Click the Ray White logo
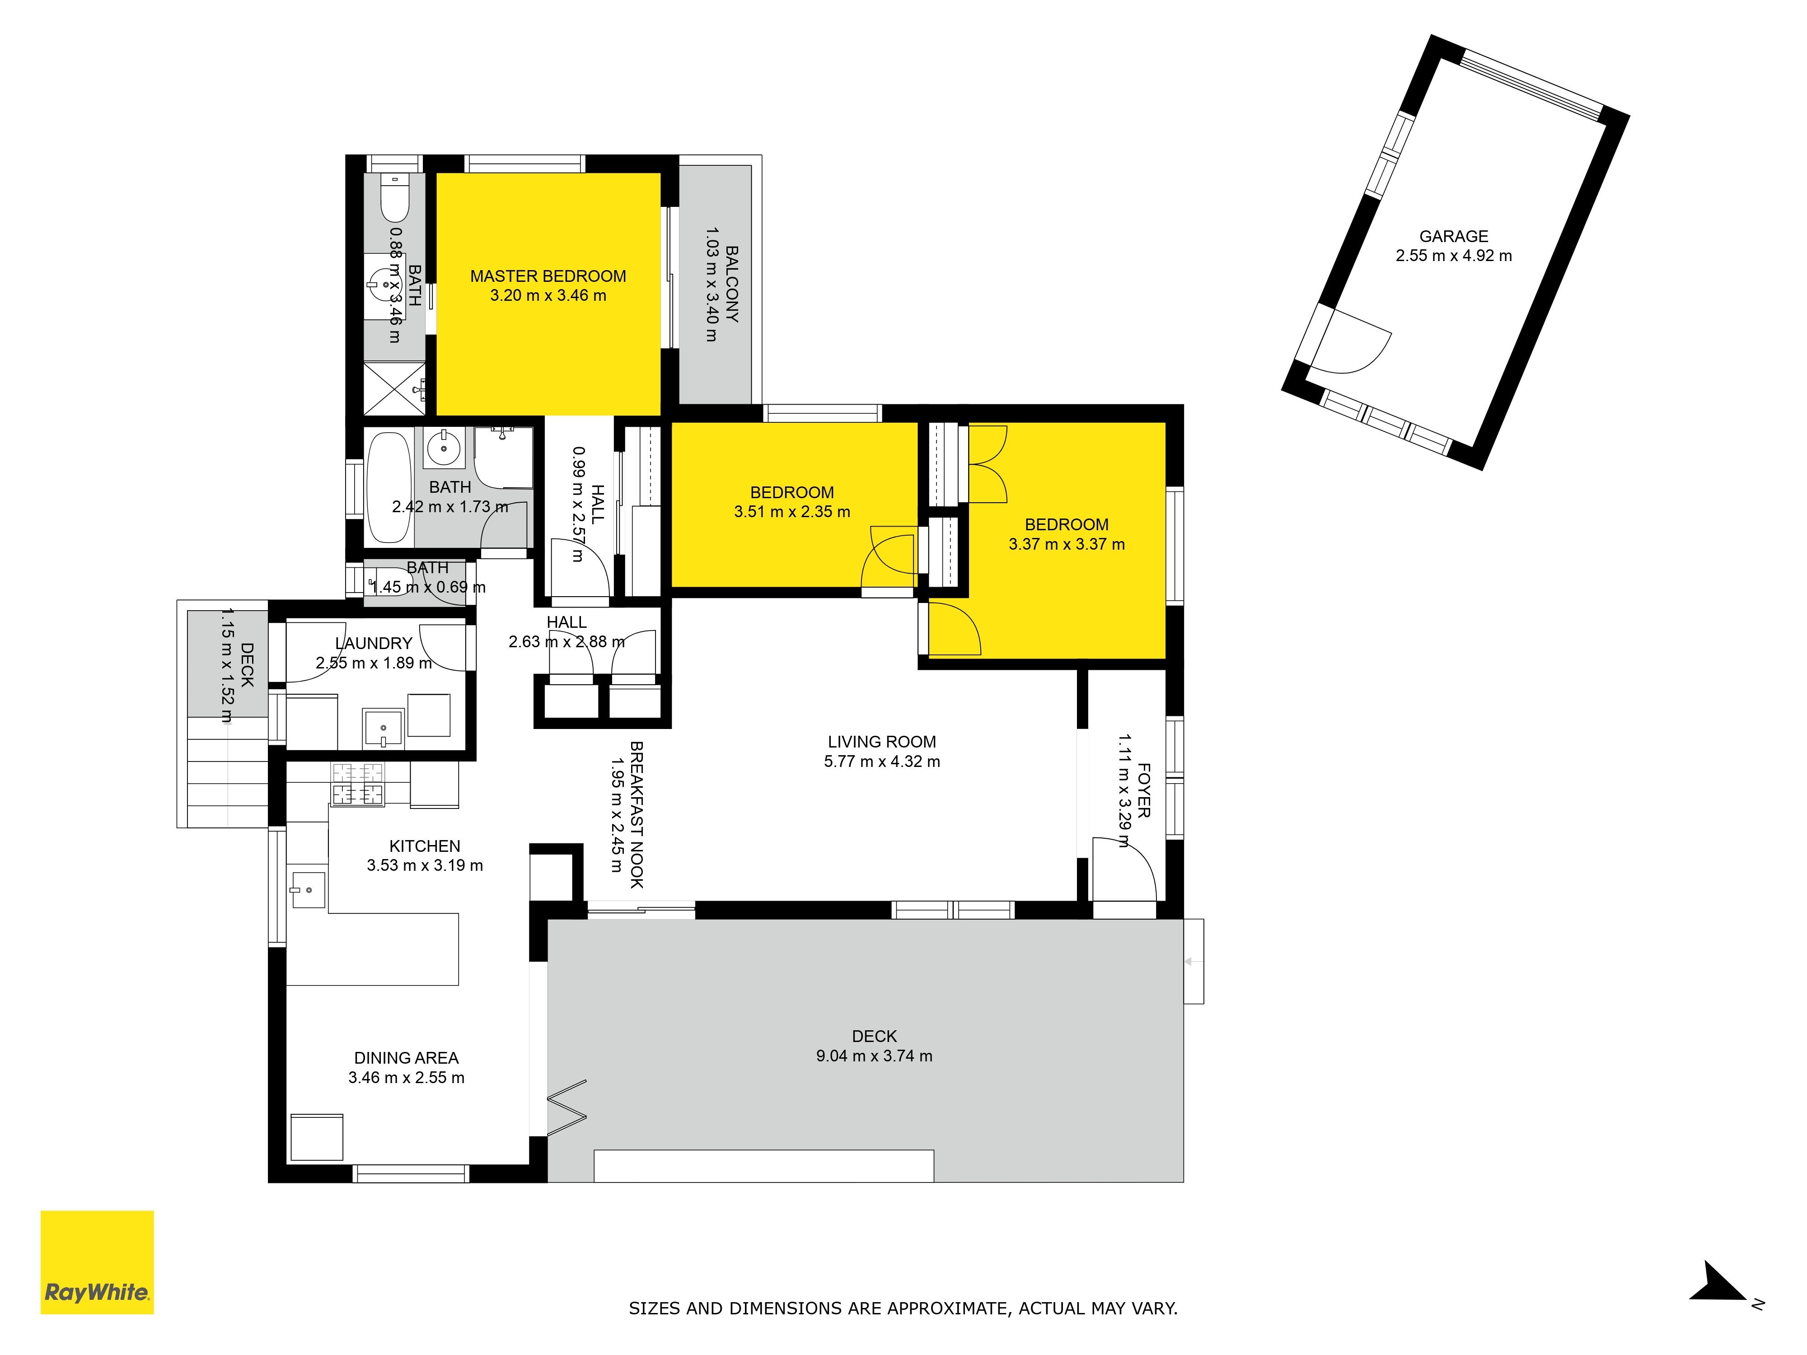pos(97,1262)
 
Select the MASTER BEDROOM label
pos(548,276)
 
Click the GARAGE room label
pos(1453,236)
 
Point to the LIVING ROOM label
pos(881,742)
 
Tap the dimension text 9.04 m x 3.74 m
pos(874,1055)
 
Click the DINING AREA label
pos(406,1058)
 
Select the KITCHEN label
pos(425,846)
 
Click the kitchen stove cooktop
pos(357,783)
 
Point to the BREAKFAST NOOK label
pos(637,814)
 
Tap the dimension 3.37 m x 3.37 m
pos(1066,544)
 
